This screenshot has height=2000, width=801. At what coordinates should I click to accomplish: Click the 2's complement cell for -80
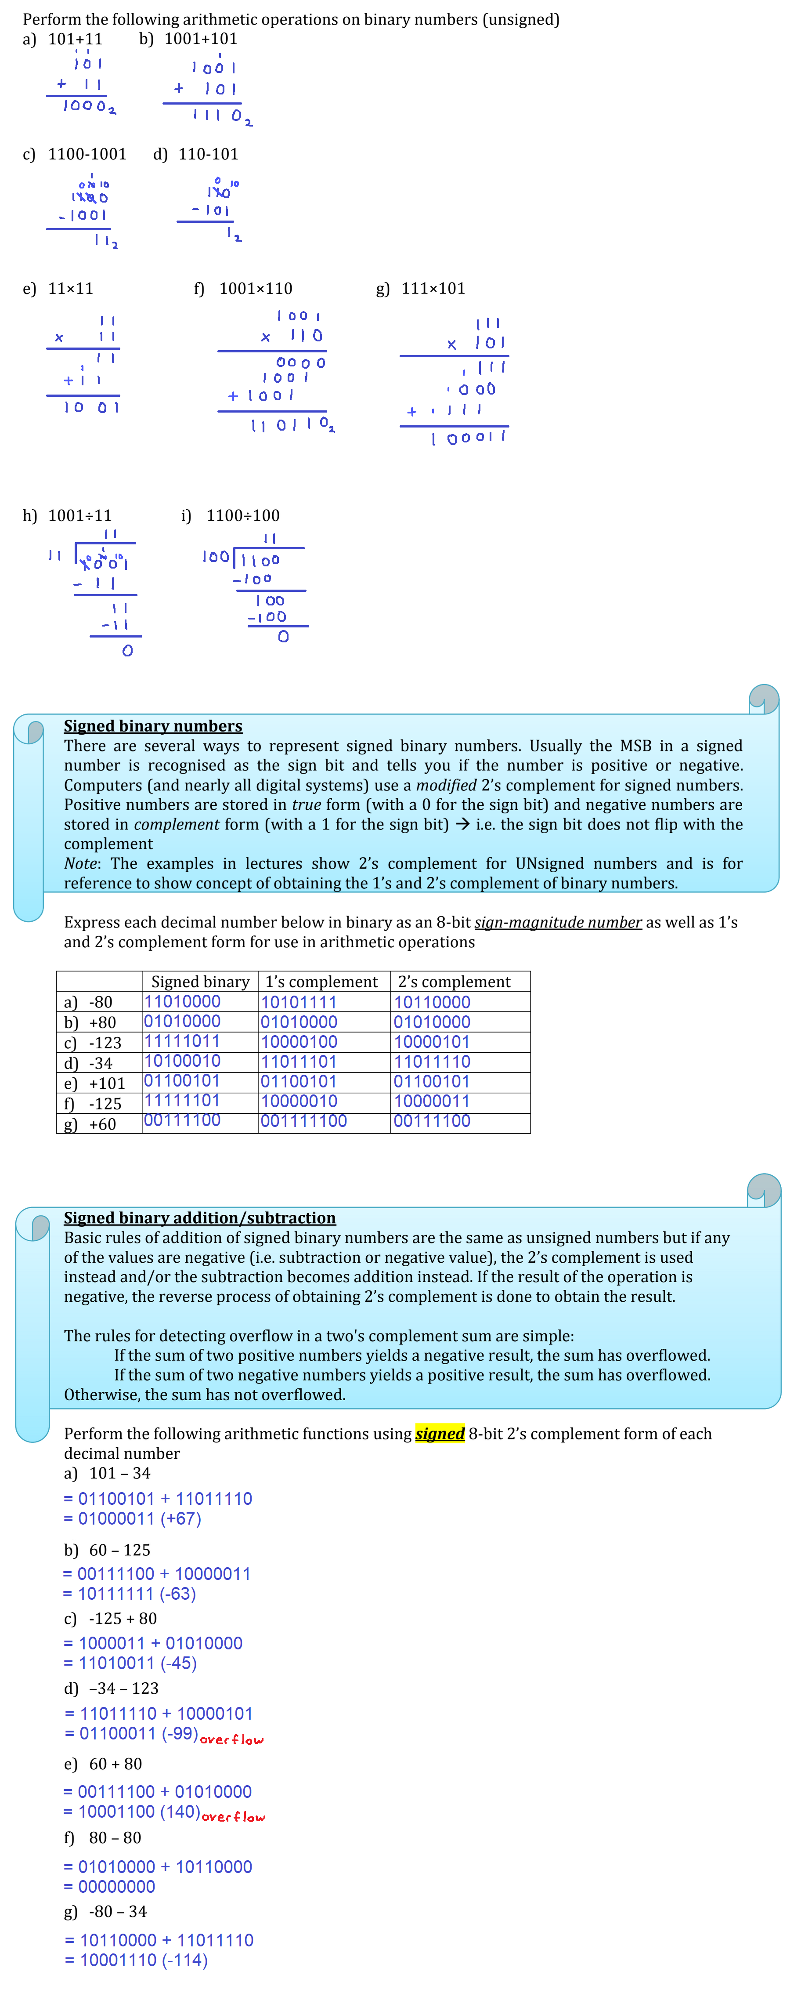(432, 1002)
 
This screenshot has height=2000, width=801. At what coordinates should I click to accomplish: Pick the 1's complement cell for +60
(303, 1121)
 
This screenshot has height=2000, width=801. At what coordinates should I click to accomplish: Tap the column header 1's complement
(321, 982)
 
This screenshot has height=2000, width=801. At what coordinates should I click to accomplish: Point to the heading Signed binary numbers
(153, 726)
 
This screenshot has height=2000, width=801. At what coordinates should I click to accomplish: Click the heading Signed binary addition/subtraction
(199, 1217)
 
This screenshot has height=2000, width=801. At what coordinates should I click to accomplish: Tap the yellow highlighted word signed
(440, 1433)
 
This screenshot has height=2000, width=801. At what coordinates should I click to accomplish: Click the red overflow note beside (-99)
(232, 1739)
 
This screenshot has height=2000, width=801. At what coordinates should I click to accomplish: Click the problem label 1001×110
(255, 289)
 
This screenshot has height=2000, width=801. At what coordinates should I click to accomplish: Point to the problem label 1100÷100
(243, 515)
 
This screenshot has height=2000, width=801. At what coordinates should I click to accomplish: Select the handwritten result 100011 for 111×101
(469, 438)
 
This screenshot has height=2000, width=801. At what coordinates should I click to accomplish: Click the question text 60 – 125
(119, 1550)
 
